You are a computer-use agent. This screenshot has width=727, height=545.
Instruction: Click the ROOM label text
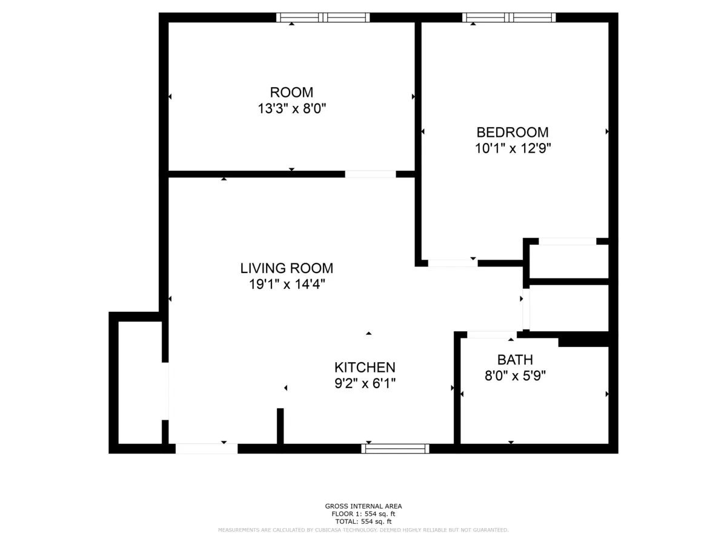291,93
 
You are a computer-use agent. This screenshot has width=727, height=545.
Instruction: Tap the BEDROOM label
513,132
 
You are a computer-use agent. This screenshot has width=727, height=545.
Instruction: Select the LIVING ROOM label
287,268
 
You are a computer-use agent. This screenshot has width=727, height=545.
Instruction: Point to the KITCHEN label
365,368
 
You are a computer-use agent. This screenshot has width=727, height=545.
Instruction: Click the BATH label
515,360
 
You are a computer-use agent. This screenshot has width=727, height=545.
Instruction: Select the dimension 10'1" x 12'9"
513,148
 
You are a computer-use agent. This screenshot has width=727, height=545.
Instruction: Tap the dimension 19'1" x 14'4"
287,284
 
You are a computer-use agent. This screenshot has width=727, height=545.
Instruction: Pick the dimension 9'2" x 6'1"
365,383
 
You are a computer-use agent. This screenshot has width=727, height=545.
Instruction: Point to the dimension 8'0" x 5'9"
515,376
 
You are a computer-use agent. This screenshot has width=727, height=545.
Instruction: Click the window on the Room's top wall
323,18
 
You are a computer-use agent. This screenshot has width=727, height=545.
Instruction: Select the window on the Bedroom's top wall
509,18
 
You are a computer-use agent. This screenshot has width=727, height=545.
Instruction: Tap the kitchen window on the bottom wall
395,449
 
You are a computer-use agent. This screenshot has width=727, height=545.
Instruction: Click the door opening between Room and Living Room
370,174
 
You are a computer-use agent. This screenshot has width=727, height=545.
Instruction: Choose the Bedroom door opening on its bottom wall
453,263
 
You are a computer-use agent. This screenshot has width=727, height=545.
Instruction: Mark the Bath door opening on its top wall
491,335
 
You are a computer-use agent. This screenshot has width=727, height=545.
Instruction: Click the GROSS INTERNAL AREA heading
363,506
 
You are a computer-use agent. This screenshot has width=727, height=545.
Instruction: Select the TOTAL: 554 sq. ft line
363,521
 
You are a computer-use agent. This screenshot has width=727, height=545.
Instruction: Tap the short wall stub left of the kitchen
280,426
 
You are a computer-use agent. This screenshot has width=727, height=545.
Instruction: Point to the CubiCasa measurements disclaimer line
363,530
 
